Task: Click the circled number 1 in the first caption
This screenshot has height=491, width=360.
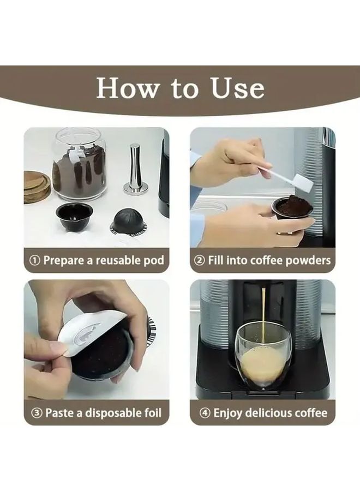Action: (x=34, y=260)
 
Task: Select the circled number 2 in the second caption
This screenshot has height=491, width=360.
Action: (x=200, y=260)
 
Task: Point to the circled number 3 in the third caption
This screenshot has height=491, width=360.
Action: (x=37, y=413)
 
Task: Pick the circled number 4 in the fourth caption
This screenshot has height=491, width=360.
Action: (x=205, y=413)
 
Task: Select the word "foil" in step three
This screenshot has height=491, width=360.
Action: (x=153, y=413)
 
